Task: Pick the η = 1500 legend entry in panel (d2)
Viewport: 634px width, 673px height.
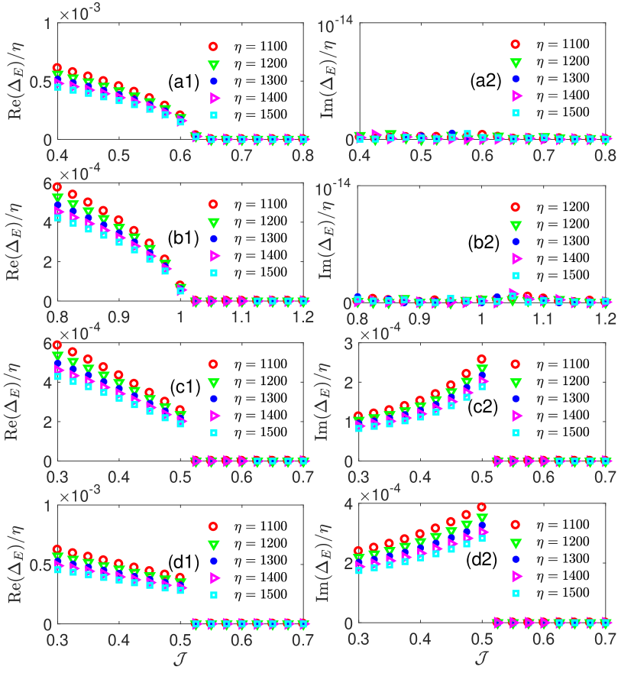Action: tap(564, 593)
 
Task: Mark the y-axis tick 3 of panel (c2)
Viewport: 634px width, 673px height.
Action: tap(349, 344)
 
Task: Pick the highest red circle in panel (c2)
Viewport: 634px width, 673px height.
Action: tap(481, 359)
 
